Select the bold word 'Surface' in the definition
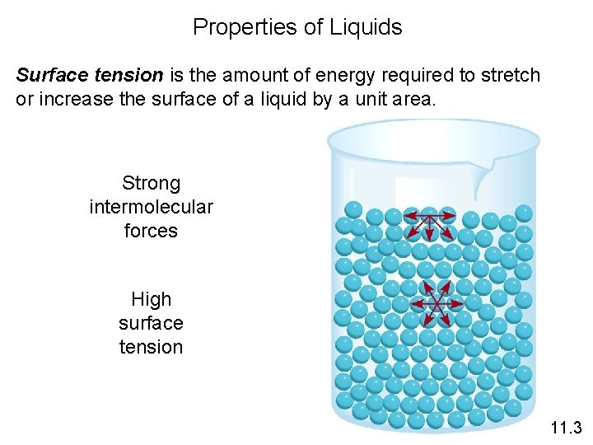50,76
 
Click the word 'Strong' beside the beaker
151,183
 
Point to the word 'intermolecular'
151,207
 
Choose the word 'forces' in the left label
151,231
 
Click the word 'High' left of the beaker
151,299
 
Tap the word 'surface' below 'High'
151,323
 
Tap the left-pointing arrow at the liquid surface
411,218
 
